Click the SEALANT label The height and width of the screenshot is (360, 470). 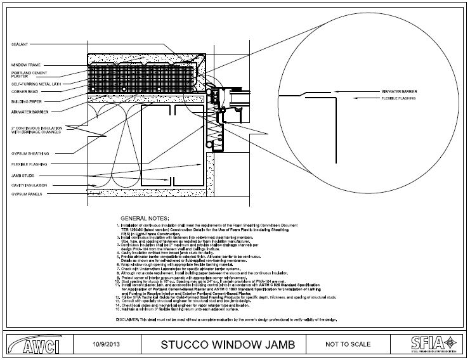[18, 44]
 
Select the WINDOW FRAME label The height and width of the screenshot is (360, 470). [25, 65]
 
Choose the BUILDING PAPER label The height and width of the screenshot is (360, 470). [25, 101]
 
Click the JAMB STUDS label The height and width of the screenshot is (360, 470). [22, 174]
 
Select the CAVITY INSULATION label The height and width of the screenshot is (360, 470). [27, 184]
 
